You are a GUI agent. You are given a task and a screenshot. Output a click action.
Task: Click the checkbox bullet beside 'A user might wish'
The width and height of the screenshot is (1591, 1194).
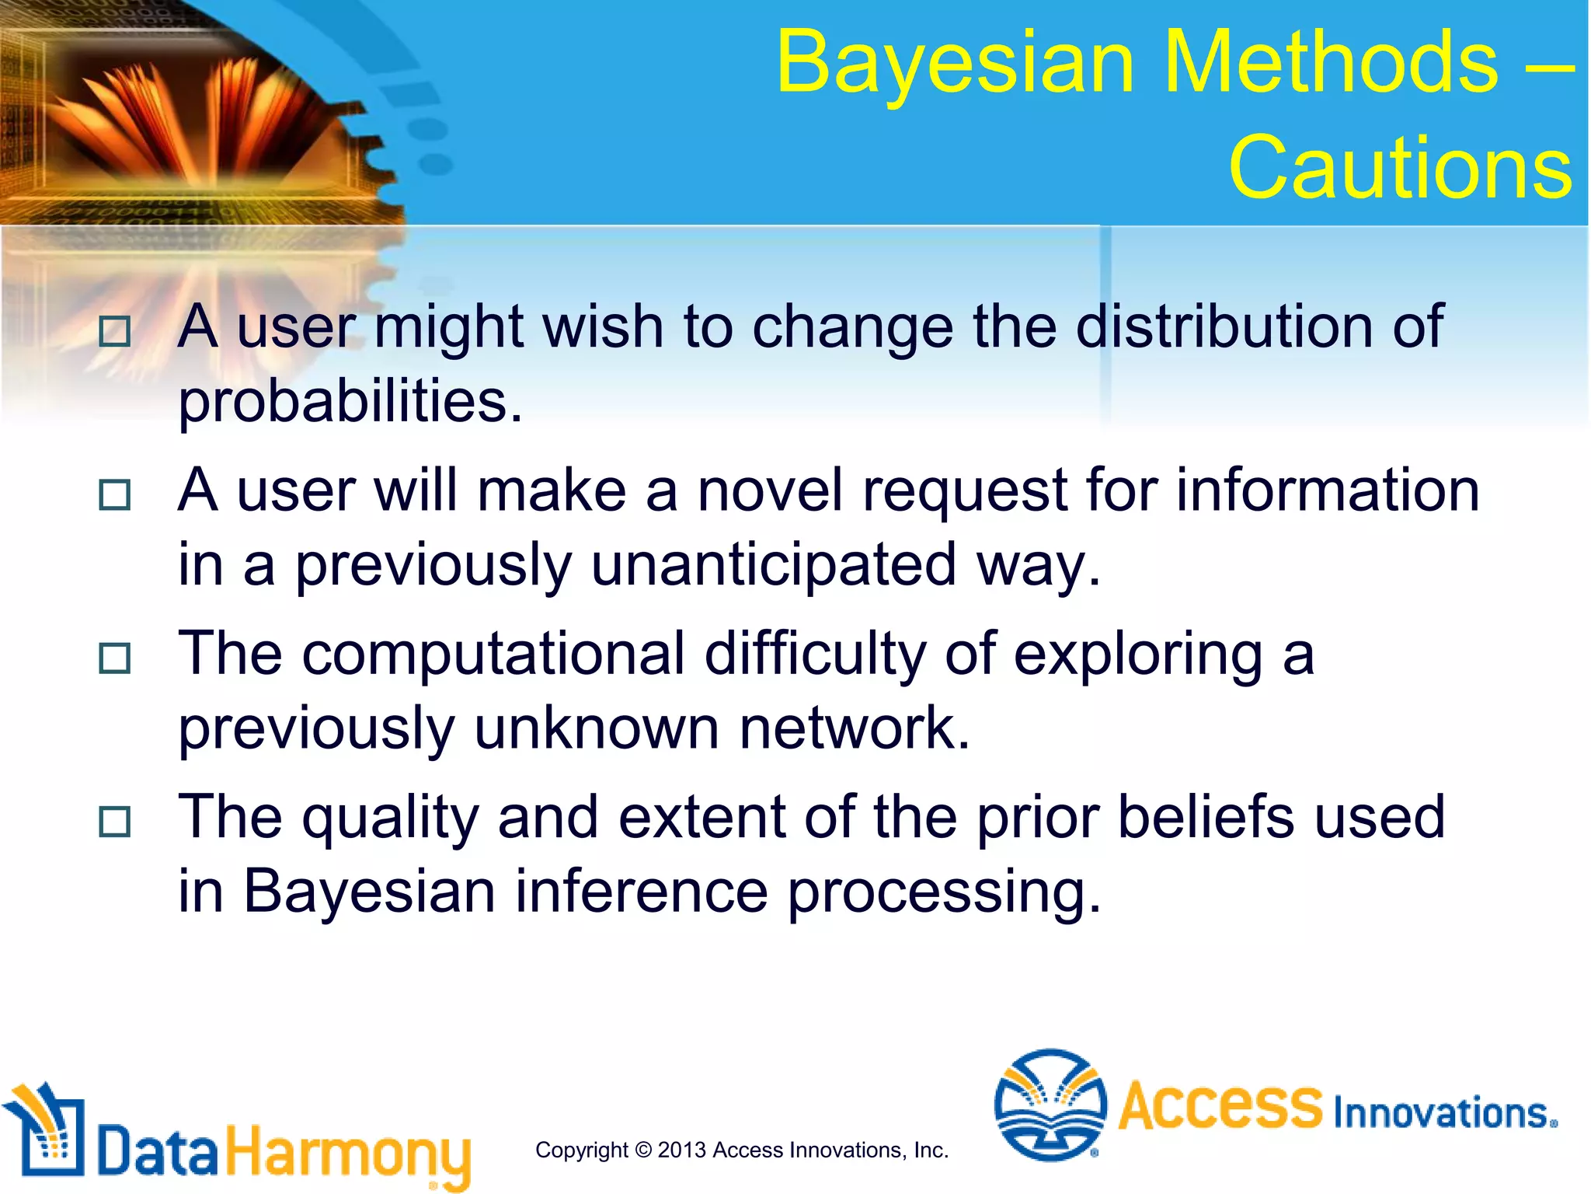click(115, 332)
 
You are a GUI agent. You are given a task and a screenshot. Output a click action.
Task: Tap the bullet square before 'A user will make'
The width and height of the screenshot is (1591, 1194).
click(115, 495)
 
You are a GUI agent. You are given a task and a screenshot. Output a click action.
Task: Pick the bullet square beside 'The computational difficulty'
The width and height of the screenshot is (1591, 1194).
click(115, 659)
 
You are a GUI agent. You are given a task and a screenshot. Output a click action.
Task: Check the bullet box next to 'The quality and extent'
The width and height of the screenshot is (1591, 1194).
click(115, 822)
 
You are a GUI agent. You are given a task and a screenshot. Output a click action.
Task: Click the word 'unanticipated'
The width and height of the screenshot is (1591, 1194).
click(773, 565)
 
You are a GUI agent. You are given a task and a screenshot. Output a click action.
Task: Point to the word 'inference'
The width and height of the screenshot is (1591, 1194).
click(641, 892)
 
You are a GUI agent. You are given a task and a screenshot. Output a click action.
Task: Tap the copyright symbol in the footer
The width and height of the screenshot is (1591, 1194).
click(642, 1150)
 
